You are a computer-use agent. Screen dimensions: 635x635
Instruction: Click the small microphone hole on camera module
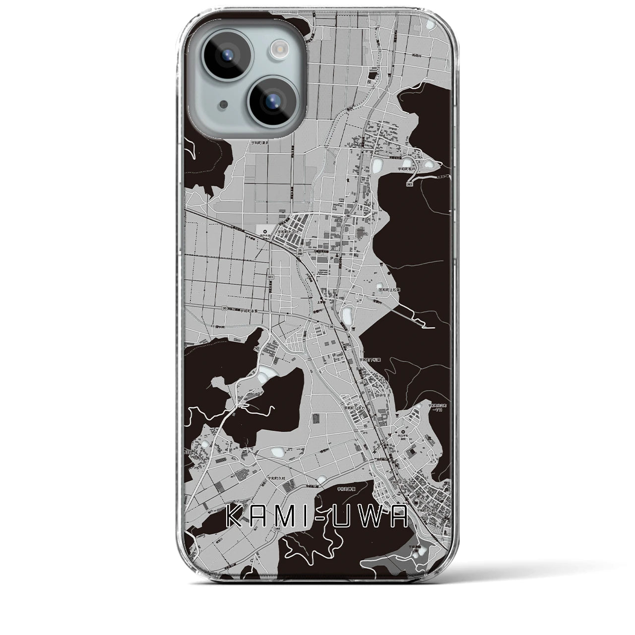226,105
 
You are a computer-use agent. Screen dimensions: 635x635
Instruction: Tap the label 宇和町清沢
259,142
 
